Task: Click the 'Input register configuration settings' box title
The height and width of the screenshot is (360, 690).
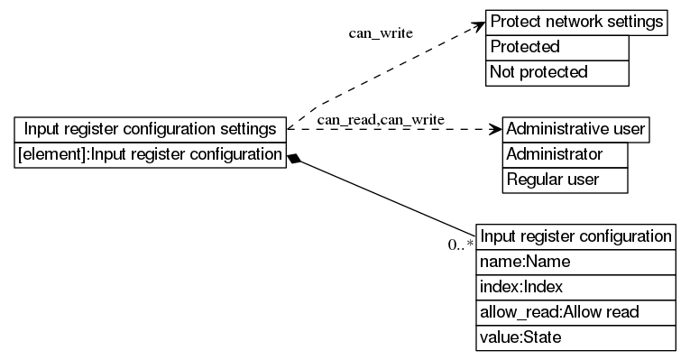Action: pyautogui.click(x=151, y=129)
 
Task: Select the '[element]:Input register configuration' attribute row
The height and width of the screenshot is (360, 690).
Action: pyautogui.click(x=151, y=154)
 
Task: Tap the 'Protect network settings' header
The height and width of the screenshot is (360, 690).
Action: pyautogui.click(x=576, y=22)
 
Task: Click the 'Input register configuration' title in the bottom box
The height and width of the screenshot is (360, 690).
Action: pyautogui.click(x=575, y=236)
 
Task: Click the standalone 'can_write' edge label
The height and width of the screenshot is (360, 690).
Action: pyautogui.click(x=381, y=33)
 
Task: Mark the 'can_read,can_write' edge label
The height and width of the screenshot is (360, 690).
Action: pyautogui.click(x=380, y=119)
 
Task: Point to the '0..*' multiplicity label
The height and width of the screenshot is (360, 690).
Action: pyautogui.click(x=460, y=245)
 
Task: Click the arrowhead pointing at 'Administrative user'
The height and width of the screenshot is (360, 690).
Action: pyautogui.click(x=494, y=129)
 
